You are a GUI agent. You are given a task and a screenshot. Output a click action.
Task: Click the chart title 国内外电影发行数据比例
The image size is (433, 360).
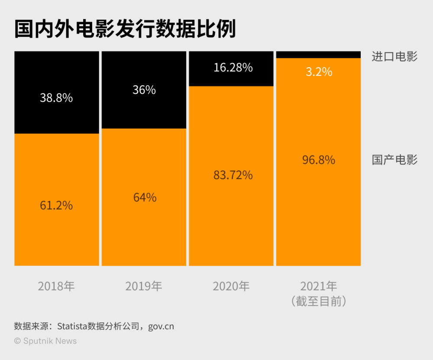125,29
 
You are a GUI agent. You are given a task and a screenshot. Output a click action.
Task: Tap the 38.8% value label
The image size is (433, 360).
56,98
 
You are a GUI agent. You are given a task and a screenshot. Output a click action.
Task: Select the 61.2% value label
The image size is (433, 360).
56,205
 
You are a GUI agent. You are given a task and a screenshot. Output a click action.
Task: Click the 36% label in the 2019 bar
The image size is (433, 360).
144,90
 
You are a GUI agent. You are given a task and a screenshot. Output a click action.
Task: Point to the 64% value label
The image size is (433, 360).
144,197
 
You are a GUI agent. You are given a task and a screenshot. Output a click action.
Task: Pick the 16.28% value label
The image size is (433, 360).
233,67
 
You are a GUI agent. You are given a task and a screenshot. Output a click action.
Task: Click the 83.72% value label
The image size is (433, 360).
233,175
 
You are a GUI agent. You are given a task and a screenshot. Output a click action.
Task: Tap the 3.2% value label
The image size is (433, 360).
319,72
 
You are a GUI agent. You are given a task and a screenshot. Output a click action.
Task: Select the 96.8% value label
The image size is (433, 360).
319,160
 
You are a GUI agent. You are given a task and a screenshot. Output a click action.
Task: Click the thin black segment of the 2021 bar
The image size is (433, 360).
319,55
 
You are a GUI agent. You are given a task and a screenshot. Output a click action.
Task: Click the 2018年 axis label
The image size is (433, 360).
56,286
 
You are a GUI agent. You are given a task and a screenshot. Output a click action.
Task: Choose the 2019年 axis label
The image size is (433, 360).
144,286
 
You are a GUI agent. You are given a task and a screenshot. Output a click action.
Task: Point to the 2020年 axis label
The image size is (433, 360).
231,286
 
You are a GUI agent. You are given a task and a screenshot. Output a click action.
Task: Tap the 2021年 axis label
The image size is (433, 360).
319,286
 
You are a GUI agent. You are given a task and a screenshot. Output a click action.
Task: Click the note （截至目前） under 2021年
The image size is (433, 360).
319,301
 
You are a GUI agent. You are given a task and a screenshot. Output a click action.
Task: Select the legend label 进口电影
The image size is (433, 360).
394,57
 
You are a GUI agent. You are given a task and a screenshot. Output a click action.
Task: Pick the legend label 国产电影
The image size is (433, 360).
394,160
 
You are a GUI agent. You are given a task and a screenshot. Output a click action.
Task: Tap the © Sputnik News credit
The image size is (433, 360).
45,341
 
